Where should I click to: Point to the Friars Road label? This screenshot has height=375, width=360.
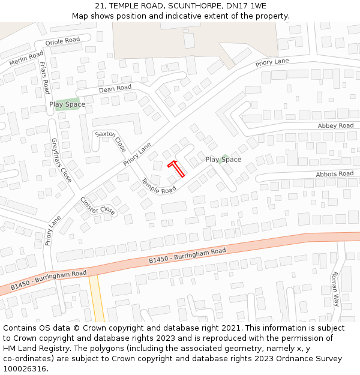tap(44, 77)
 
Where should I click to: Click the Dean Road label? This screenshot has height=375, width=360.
tap(115, 88)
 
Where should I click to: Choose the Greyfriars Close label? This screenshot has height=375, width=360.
tap(61, 160)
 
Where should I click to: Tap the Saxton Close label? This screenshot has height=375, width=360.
tap(111, 141)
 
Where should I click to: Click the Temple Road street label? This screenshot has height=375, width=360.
tap(158, 186)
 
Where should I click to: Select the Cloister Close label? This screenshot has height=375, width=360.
tap(97, 206)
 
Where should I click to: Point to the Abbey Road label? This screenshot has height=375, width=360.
tap(335, 126)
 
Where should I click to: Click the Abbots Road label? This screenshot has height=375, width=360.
tap(335, 174)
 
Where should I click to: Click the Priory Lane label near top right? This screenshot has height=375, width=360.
tap(272, 62)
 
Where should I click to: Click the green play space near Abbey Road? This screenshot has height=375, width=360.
tap(224, 158)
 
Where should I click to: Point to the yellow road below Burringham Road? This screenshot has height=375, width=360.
tap(96, 300)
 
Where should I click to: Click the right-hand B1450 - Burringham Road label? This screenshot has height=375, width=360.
tap(187, 256)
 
